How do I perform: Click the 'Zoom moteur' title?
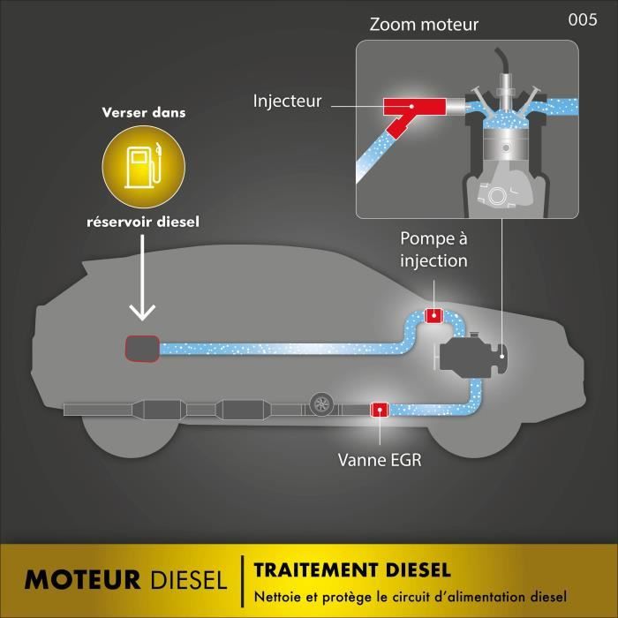pos(423,25)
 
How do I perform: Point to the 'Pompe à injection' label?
pos(433,249)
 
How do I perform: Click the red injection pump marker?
pos(434,315)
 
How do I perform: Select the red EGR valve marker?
pos(381,409)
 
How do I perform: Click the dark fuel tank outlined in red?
pos(140,348)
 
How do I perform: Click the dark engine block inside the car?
pos(467,354)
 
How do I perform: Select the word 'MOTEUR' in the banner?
pos(82,579)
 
